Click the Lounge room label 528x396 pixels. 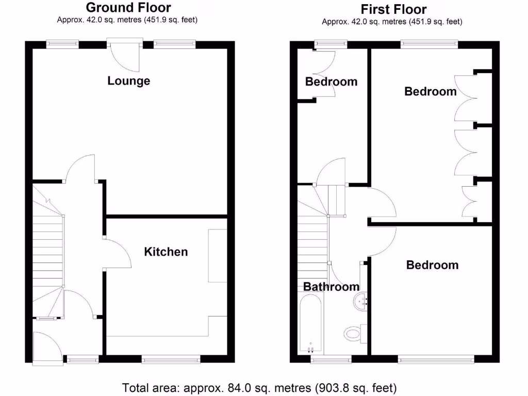tap(129, 81)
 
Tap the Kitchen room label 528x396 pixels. tap(166, 252)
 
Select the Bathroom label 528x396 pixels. tap(331, 287)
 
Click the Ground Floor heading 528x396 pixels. tap(128, 8)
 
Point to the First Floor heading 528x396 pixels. tap(393, 9)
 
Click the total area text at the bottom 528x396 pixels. tap(259, 387)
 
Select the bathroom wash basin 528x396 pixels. tap(361, 301)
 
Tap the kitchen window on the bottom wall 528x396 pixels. tap(171, 358)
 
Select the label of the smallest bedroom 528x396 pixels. tap(331, 81)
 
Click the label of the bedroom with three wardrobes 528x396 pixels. tap(431, 91)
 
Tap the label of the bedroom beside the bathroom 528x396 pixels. tap(432, 265)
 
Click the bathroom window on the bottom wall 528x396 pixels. tap(332, 358)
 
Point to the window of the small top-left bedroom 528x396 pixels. tap(331, 44)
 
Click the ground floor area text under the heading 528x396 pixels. tap(127, 20)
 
